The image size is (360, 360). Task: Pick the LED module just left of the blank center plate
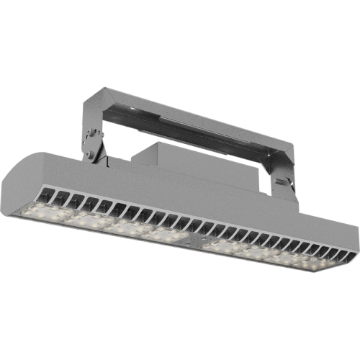coord(163,231)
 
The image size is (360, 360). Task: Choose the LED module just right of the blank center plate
coord(225,246)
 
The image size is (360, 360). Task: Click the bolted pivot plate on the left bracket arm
coord(92,140)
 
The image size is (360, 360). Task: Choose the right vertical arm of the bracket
coord(285,169)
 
